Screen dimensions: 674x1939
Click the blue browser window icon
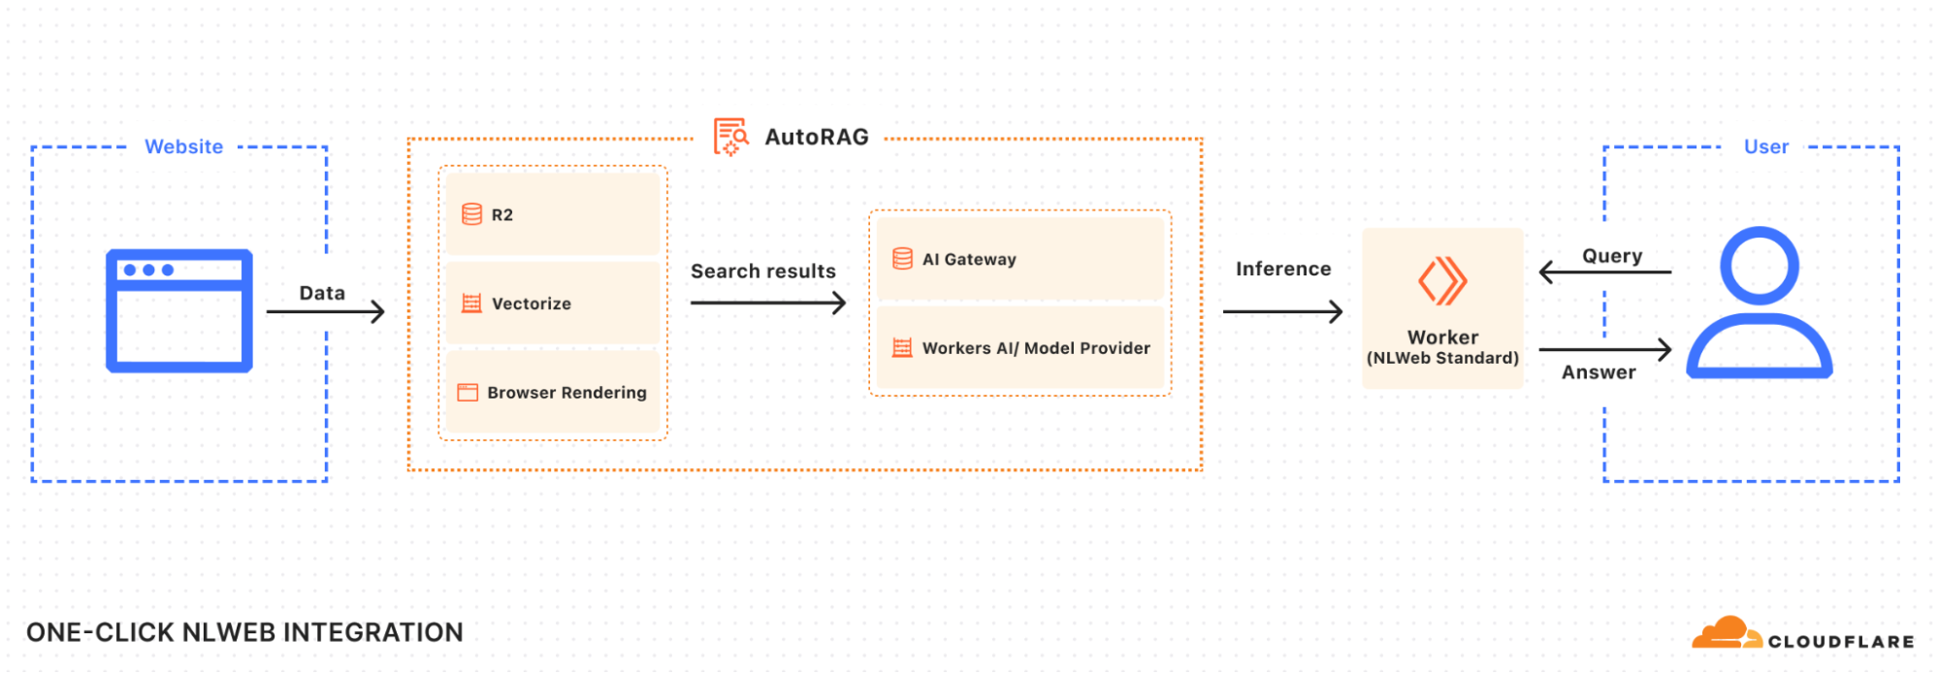(x=179, y=311)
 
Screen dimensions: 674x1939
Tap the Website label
(x=183, y=146)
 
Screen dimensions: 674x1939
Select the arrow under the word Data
(x=326, y=311)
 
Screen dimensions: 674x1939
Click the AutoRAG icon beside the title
(x=730, y=137)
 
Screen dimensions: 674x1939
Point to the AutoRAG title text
(x=816, y=137)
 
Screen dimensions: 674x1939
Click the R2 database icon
(x=471, y=214)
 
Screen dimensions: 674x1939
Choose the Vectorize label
(x=531, y=304)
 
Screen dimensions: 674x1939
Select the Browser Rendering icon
(x=468, y=393)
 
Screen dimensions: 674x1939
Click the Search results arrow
(x=767, y=304)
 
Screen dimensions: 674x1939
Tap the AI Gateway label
(x=968, y=259)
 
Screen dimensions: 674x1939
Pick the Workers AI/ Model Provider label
(x=1035, y=348)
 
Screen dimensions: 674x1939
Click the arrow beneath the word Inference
(x=1282, y=311)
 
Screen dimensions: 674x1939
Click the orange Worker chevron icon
(x=1442, y=281)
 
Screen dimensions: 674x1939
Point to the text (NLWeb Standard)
(x=1442, y=358)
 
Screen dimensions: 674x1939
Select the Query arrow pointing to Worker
(x=1604, y=273)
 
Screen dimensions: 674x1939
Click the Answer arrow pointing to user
(x=1604, y=349)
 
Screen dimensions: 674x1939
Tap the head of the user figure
(x=1759, y=265)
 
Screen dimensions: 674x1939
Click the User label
(x=1765, y=146)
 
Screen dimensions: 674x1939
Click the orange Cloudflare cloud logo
(x=1725, y=632)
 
